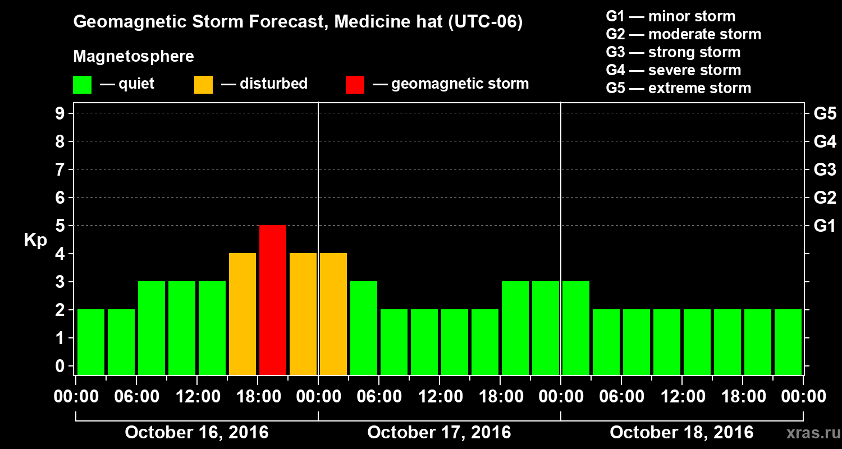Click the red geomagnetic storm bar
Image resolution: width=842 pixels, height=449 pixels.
pos(273,300)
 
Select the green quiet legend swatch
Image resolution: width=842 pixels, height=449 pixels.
pos(82,85)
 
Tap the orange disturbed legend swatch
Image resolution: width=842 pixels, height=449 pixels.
pos(203,85)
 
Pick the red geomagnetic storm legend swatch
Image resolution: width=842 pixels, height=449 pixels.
pos(355,85)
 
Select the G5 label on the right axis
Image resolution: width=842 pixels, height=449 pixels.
pos(825,114)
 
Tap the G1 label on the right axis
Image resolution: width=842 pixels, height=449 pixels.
pos(825,226)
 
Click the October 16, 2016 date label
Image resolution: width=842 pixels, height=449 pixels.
pos(196,433)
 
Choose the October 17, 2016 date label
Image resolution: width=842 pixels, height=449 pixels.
pos(439,433)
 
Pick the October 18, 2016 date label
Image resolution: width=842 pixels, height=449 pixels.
pos(681,433)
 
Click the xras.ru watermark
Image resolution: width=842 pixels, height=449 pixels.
pos(809,433)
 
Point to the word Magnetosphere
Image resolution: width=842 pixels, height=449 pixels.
pos(134,57)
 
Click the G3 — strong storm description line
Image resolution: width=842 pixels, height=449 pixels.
pos(673,52)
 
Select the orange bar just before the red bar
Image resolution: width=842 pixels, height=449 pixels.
pos(242,314)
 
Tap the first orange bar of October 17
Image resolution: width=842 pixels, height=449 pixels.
pos(333,314)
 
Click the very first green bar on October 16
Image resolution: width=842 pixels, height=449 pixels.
pos(91,342)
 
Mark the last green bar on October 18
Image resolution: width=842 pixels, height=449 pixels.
pos(788,342)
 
